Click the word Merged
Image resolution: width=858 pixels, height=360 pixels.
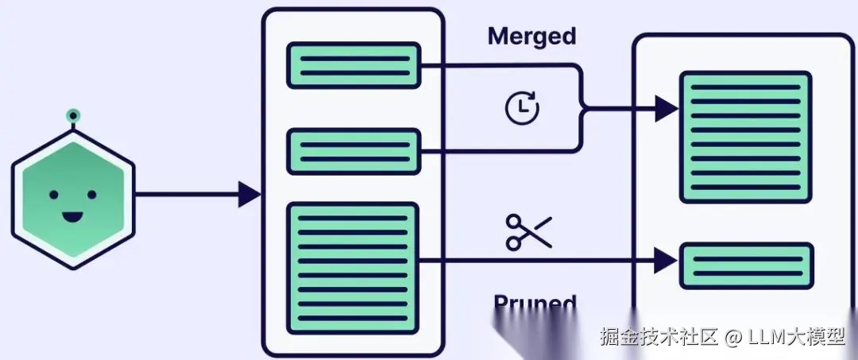click(531, 36)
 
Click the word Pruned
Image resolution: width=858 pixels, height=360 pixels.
click(535, 304)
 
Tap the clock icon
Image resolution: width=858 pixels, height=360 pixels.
click(522, 107)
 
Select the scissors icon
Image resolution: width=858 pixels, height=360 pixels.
click(528, 232)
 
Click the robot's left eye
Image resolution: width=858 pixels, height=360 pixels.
click(54, 194)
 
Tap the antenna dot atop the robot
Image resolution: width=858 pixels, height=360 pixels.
click(73, 117)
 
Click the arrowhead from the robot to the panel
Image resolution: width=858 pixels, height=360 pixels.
click(249, 193)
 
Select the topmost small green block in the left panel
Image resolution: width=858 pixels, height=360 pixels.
click(353, 65)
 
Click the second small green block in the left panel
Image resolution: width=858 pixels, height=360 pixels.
click(353, 151)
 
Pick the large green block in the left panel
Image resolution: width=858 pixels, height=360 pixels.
click(353, 267)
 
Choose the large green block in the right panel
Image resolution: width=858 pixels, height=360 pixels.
click(745, 137)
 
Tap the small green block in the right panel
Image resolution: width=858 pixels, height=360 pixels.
click(747, 266)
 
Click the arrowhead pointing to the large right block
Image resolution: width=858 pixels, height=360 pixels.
click(666, 108)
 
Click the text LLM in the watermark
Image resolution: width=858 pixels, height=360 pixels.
click(763, 338)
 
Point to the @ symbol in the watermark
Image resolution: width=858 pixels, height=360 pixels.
click(732, 338)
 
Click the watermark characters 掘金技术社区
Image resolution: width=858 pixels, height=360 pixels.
click(659, 338)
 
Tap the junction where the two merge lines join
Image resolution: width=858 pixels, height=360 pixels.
click(584, 108)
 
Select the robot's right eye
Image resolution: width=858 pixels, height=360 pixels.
click(91, 194)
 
